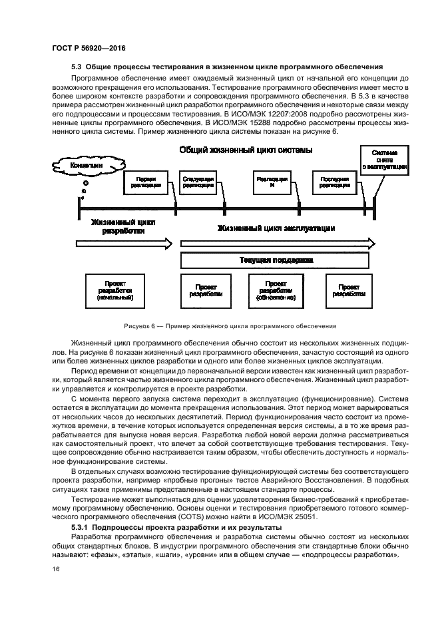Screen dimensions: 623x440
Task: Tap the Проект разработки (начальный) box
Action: click(115, 291)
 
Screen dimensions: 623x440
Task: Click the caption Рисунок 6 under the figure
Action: click(229, 326)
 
